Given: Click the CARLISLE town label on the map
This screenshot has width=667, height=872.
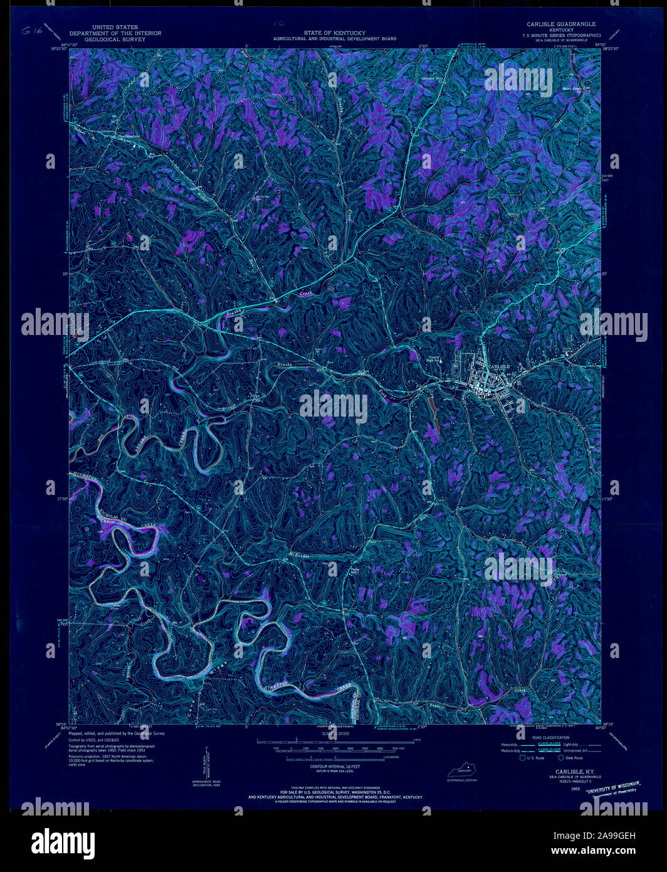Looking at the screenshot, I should tap(500, 366).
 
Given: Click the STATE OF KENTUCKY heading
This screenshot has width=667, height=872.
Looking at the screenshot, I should tap(335, 33).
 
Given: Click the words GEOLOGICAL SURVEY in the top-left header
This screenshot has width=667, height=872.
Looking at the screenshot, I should tap(115, 39).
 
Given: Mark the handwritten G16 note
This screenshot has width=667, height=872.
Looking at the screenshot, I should tap(31, 31).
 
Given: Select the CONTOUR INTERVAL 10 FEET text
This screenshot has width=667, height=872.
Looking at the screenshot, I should tap(335, 767).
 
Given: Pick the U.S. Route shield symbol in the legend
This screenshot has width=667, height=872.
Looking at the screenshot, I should tap(523, 758).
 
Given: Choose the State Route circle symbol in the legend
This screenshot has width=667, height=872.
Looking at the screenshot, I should tap(561, 758).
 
